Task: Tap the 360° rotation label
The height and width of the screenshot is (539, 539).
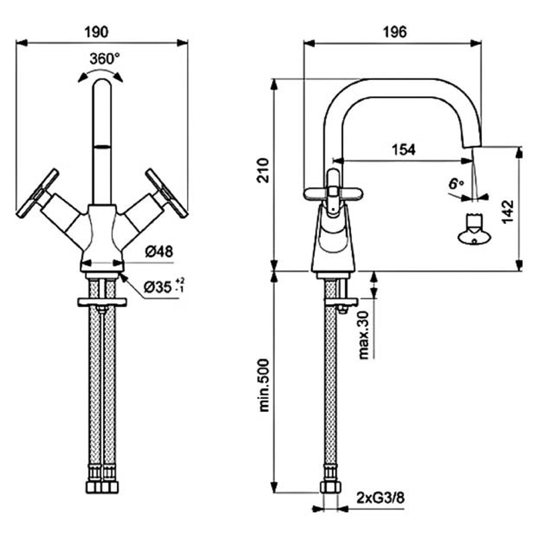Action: [x=104, y=59]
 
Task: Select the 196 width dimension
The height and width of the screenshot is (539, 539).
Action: [x=393, y=32]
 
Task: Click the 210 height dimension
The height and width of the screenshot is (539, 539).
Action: [x=264, y=171]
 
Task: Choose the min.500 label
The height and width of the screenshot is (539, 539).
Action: [x=264, y=385]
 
